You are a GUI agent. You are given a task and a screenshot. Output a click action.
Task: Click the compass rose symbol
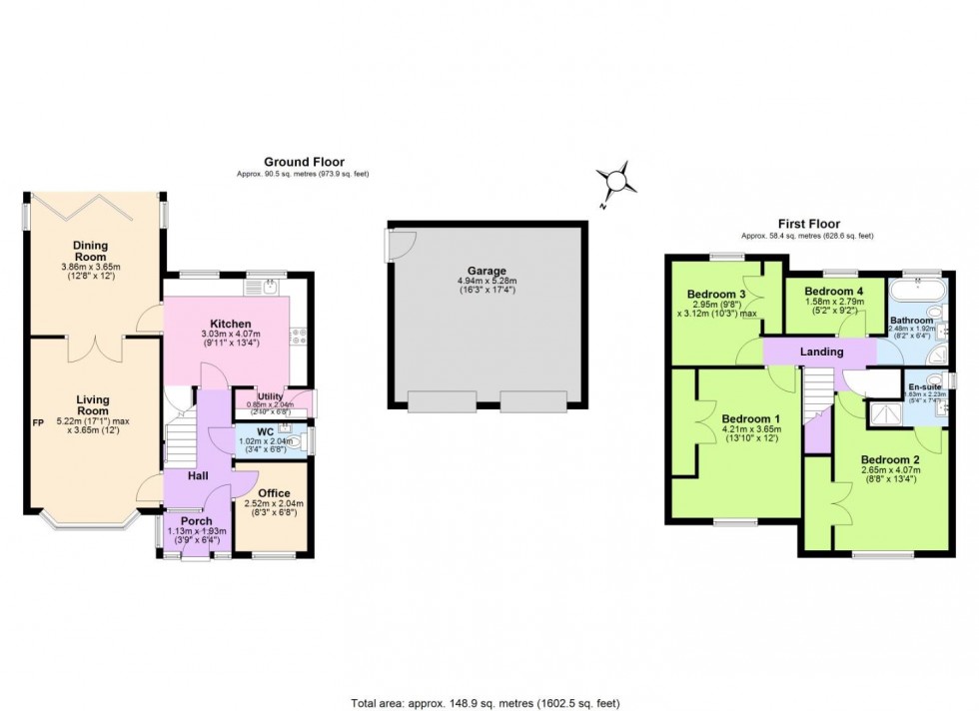point(618,182)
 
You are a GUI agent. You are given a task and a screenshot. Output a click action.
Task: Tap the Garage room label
point(487,271)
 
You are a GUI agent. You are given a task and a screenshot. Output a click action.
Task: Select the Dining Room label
point(90,251)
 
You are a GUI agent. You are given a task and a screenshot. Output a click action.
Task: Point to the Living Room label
point(93,405)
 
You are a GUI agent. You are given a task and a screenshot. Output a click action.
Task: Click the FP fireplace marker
point(39,422)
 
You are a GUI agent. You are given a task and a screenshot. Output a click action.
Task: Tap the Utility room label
point(271,396)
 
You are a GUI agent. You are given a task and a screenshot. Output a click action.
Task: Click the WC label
point(265,432)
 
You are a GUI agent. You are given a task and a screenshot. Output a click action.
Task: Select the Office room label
point(274,493)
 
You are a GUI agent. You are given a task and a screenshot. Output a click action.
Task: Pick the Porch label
point(196,520)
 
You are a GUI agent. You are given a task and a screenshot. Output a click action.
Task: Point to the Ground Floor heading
point(304,162)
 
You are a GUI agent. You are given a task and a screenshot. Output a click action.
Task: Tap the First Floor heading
point(809,224)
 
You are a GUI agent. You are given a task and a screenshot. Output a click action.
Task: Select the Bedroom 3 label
point(716,294)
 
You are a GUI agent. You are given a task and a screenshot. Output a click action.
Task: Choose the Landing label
point(822,352)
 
